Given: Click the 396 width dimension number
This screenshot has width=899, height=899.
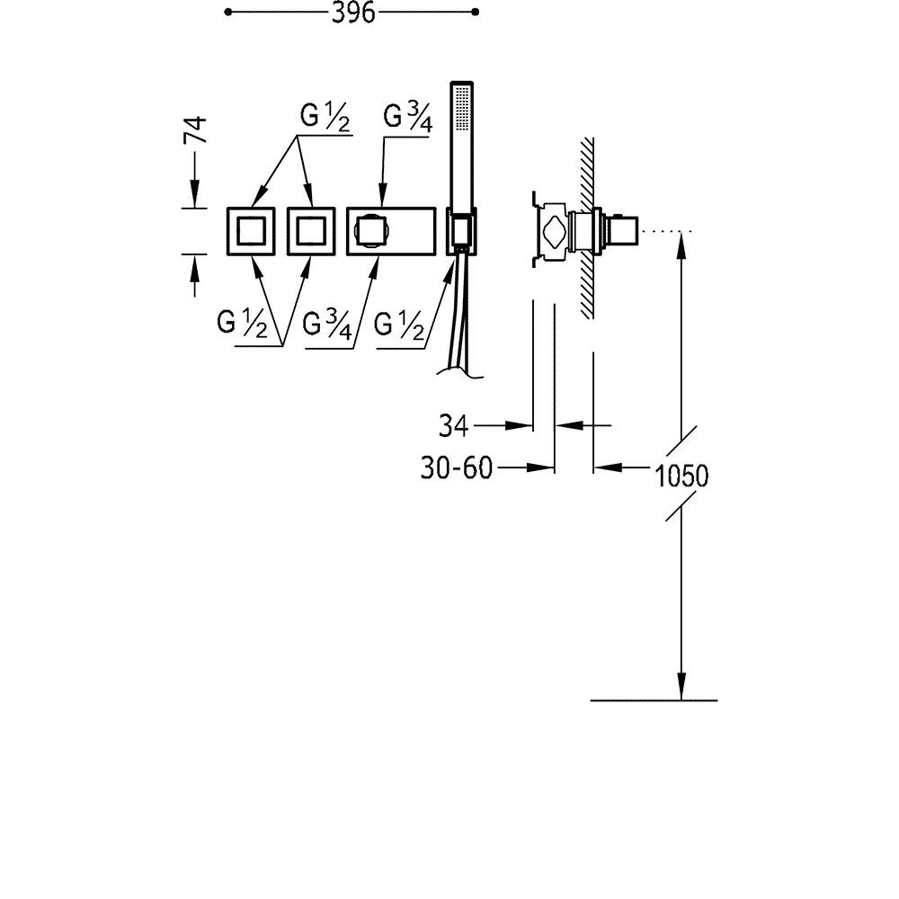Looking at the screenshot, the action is point(353,12).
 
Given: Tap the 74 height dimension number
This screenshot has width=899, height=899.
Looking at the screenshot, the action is point(195,130).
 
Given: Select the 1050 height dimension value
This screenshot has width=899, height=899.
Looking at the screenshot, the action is point(681,476).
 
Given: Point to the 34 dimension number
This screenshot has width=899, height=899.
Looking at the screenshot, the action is point(453,426).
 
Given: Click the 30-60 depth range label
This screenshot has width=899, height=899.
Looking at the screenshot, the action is point(457,467).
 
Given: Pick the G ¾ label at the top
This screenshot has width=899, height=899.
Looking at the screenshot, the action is point(407,117).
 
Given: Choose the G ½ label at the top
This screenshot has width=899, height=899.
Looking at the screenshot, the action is point(325,117).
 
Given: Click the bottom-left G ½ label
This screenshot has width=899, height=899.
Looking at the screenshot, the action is point(242,323).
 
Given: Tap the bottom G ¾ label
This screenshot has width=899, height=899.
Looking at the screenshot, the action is point(327,325).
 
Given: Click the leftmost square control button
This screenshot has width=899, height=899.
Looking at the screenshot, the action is point(251,231).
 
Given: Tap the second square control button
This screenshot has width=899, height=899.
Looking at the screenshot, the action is point(311,231).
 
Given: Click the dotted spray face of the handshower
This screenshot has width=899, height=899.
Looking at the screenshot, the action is point(462,109).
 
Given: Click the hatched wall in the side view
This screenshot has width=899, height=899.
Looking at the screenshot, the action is point(586,227).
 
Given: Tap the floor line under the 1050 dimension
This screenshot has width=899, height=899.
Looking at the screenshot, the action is point(654,700).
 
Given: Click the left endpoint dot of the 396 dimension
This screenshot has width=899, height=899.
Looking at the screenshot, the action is point(228,12).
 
